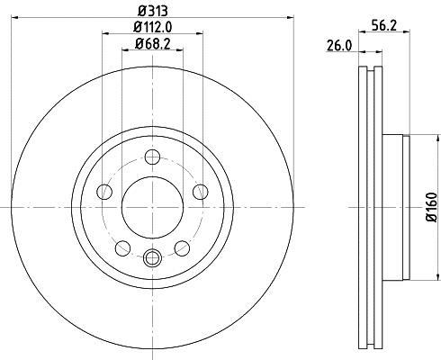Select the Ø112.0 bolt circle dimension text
151,26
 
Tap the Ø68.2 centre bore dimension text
151,43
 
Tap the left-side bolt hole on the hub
104,192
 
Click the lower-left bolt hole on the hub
122,247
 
